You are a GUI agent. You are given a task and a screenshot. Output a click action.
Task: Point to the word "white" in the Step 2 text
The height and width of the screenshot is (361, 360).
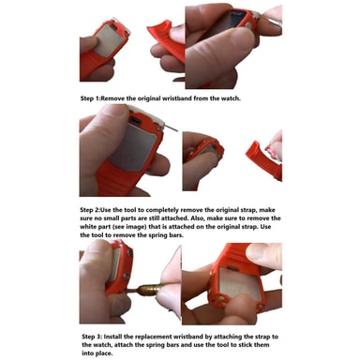click(88, 227)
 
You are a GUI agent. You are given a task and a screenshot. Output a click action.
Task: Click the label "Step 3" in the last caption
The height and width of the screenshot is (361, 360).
click(91, 337)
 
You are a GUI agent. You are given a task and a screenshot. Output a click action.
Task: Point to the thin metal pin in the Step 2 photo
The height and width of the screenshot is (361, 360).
click(170, 128)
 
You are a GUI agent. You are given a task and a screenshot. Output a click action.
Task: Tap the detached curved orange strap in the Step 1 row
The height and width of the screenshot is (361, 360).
click(165, 38)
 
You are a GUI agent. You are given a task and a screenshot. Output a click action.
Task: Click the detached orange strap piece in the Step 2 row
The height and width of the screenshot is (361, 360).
click(264, 160)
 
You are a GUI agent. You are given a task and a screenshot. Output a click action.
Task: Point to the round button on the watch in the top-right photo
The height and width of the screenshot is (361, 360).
click(249, 25)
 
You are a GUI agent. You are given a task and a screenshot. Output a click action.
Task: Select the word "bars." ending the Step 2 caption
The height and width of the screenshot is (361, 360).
click(176, 235)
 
